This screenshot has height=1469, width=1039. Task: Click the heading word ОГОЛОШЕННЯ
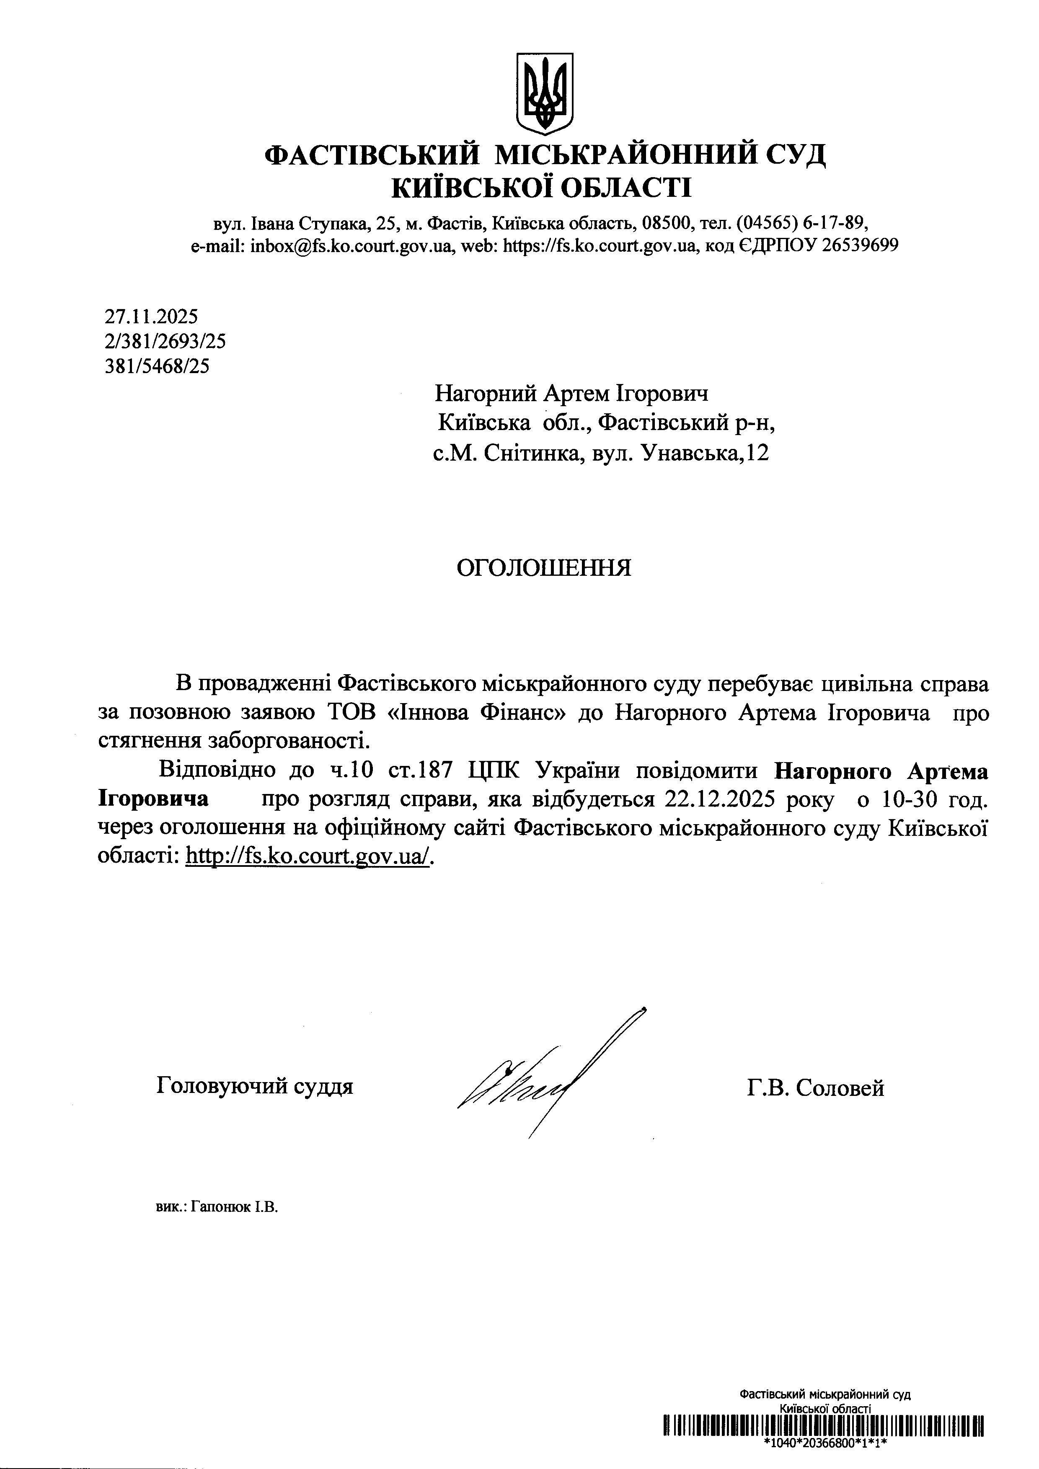click(543, 567)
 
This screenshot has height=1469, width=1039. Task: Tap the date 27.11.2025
click(151, 316)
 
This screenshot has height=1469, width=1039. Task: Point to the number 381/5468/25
click(157, 366)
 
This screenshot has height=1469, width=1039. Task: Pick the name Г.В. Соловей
click(815, 1088)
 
